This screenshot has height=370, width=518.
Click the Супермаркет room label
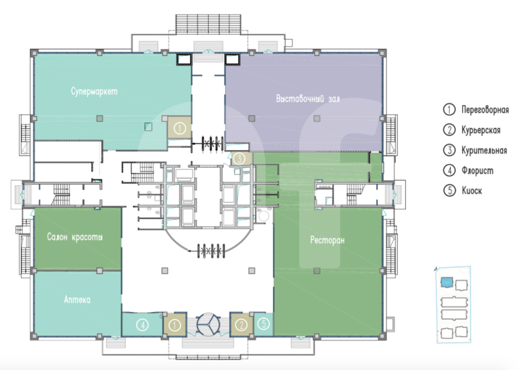[94, 91]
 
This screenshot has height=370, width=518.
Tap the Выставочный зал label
[308, 99]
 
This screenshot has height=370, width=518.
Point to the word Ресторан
[327, 240]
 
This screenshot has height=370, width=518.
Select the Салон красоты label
[75, 237]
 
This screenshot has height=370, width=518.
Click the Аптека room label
[77, 300]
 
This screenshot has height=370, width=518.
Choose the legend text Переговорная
[485, 109]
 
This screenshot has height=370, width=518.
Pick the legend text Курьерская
[481, 130]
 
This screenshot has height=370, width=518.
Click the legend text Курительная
[484, 150]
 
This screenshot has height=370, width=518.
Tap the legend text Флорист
[477, 171]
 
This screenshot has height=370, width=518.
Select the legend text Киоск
[472, 191]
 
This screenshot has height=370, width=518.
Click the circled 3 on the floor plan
[239, 159]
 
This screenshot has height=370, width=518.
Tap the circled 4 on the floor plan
[143, 325]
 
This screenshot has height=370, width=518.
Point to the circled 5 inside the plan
[264, 323]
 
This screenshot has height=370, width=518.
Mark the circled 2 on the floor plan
[242, 325]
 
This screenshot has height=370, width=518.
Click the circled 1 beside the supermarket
[179, 128]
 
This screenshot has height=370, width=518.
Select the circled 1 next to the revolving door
[174, 325]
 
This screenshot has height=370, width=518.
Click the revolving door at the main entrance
[208, 324]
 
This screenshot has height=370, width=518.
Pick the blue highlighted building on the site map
[446, 282]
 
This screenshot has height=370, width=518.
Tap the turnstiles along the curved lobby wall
[211, 251]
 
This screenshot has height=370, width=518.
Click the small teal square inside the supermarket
[148, 126]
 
